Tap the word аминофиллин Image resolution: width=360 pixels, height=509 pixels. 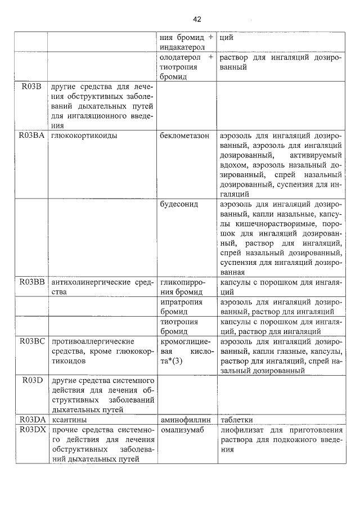coord(185,420)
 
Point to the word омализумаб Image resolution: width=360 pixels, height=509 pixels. coord(182,430)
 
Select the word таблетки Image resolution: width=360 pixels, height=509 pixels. coord(236,420)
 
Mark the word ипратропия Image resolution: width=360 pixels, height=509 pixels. coord(179,303)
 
